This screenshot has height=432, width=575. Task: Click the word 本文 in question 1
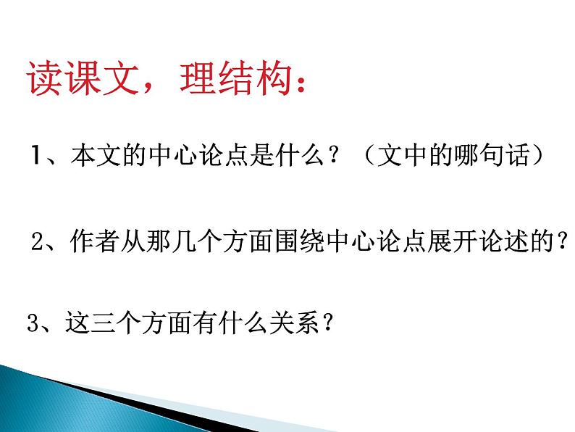click(x=92, y=156)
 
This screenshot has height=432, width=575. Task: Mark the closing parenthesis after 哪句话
click(x=537, y=156)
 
